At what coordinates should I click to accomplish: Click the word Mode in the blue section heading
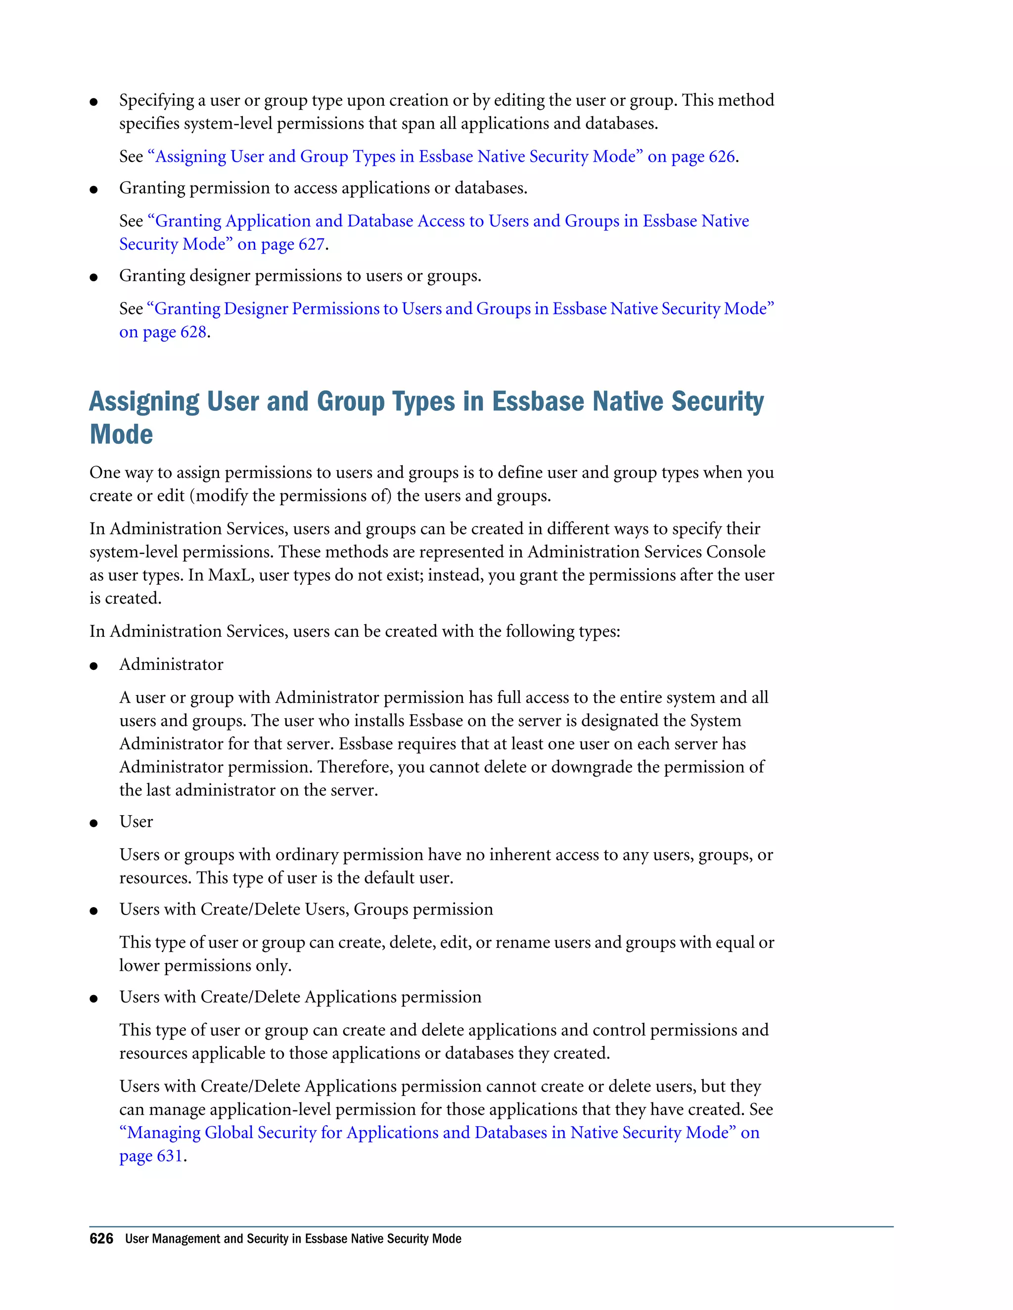[x=121, y=434]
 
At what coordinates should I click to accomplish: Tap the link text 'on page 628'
[x=163, y=332]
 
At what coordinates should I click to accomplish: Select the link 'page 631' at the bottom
[x=151, y=1155]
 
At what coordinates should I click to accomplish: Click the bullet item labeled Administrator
[x=171, y=664]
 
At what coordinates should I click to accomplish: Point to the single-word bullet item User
[x=136, y=821]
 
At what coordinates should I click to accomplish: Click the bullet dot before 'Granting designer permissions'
[x=93, y=277]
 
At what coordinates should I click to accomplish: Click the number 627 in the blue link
[x=312, y=244]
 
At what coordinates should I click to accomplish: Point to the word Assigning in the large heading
[x=144, y=402]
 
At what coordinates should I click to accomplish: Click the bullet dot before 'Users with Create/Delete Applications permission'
[x=93, y=999]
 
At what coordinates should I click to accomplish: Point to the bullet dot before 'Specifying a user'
[x=93, y=102]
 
